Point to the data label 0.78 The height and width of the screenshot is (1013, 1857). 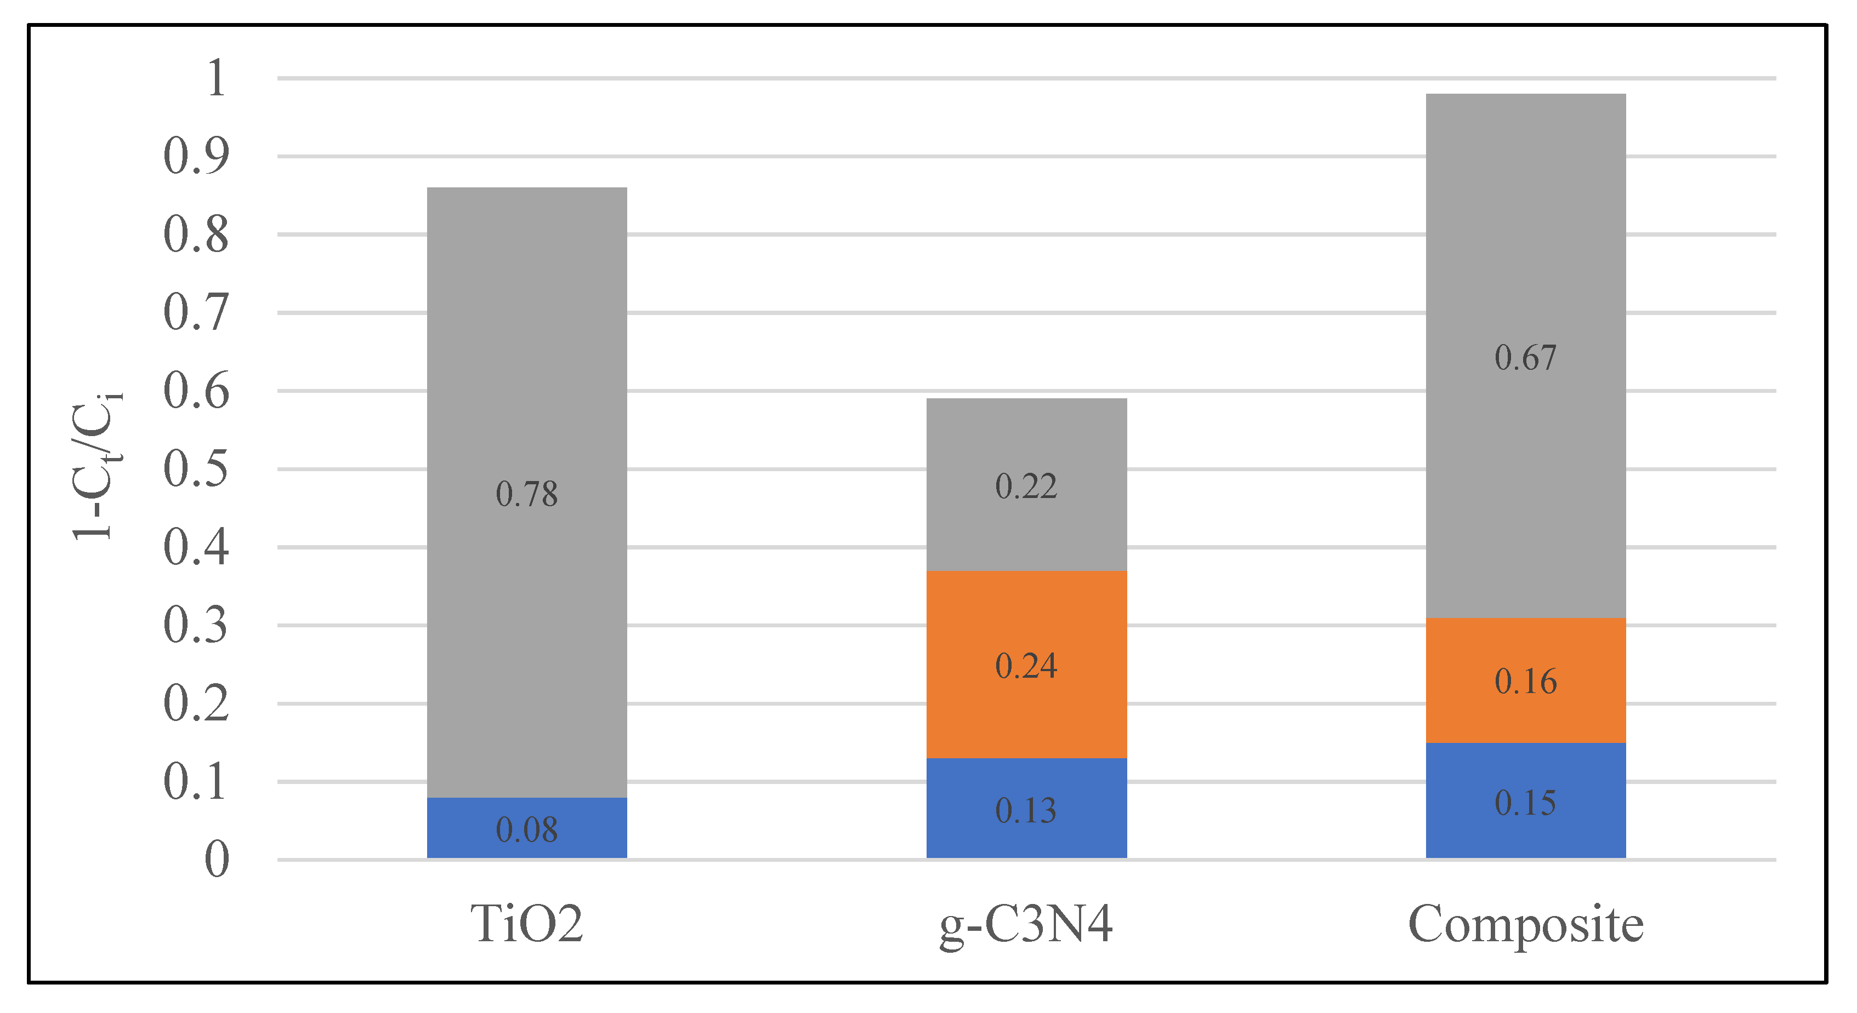tap(527, 494)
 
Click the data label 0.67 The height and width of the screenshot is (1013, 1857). tap(1525, 358)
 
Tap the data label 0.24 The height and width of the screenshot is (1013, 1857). tap(1026, 666)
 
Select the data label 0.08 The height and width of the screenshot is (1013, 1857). tap(527, 830)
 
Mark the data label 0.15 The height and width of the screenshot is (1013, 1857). tap(1525, 803)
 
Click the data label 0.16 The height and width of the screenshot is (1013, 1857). tap(1525, 682)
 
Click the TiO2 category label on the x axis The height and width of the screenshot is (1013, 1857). tap(527, 924)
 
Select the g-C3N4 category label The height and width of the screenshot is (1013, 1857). tap(1026, 925)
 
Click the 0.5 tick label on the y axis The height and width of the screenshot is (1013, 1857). tap(196, 469)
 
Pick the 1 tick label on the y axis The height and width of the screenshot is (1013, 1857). tap(216, 78)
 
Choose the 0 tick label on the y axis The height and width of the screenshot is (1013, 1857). tap(216, 859)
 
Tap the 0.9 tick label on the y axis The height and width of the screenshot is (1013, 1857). tap(196, 156)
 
